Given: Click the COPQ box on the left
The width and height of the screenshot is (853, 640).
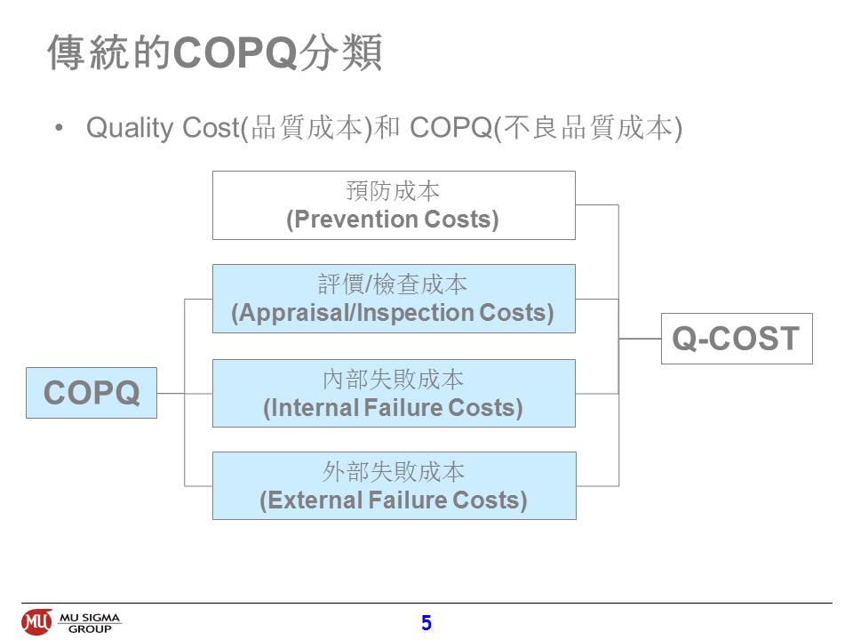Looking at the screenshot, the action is point(92,393).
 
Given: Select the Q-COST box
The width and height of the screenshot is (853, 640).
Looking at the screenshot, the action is point(737,339).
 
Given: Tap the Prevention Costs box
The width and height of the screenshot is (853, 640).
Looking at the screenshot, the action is point(394,205).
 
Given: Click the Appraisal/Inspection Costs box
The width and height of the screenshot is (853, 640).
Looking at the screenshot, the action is point(394,299).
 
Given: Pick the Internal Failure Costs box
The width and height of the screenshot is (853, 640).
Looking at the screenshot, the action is point(394,393).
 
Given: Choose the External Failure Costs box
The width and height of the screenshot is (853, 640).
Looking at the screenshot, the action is point(395,485).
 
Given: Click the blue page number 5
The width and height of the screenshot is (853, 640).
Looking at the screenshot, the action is point(426,622).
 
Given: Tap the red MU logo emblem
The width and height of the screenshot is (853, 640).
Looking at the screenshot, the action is point(37,622).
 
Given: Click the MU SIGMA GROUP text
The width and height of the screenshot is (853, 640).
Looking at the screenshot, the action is point(90,623).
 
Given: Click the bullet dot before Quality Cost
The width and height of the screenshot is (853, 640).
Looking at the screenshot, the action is point(60,128).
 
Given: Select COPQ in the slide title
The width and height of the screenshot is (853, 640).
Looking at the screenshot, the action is point(235,52).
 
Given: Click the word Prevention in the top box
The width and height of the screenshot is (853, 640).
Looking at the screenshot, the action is point(355,220).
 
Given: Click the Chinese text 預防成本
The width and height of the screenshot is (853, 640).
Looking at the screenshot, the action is point(393,191).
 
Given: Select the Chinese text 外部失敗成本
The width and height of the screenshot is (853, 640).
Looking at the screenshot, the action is point(394,471).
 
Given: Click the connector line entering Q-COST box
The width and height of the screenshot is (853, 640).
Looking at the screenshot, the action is point(640,339).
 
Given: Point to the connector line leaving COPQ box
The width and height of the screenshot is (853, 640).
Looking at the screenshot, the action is point(171,393).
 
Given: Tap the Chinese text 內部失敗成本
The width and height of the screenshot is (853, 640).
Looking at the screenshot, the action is point(394,380).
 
